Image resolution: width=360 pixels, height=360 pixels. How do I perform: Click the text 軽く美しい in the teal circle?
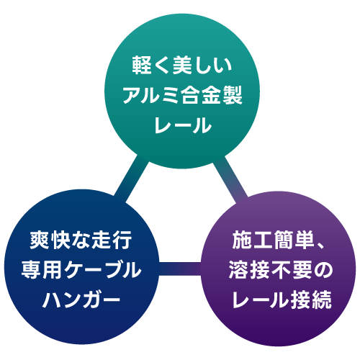182,65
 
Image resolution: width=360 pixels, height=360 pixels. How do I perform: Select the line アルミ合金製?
183,95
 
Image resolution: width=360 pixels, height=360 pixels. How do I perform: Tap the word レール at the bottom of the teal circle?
183,125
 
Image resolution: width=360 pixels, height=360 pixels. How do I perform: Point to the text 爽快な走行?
81,240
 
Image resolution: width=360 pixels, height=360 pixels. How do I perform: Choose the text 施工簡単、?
279,240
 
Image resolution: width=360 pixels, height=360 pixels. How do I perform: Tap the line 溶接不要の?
281,270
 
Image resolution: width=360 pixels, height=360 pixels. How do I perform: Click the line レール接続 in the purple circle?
282,300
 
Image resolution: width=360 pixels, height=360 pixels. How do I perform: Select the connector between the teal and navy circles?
132,178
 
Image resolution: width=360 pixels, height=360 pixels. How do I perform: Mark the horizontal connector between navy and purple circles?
180,269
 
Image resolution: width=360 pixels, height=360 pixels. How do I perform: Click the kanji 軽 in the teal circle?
142,65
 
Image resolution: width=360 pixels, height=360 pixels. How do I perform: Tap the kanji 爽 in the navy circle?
40,240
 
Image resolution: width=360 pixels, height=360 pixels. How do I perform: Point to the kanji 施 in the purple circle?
241,240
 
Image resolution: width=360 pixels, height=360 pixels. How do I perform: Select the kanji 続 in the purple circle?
323,300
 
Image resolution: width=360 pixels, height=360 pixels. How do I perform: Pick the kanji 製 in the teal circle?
233,95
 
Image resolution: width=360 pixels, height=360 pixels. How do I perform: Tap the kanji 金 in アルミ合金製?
212,95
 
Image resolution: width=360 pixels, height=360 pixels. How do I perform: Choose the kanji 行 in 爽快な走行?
122,240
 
